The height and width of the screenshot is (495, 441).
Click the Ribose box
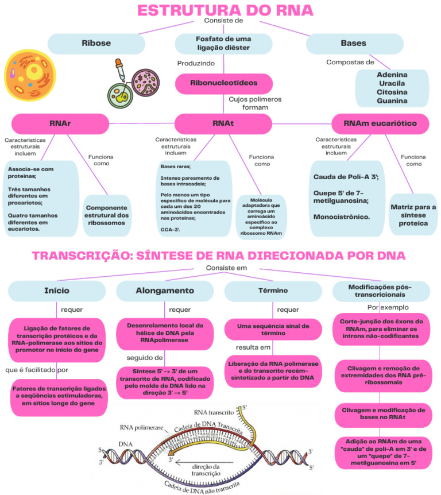96,43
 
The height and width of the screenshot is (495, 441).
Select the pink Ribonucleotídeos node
223,83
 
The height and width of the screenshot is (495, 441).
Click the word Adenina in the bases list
392,75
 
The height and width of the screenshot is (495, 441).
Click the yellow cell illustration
29,75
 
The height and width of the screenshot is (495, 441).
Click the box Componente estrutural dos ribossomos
107,215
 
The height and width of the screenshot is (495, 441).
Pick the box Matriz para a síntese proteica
413,215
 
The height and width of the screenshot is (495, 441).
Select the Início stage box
56,291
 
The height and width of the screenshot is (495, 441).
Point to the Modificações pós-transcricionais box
380,291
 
